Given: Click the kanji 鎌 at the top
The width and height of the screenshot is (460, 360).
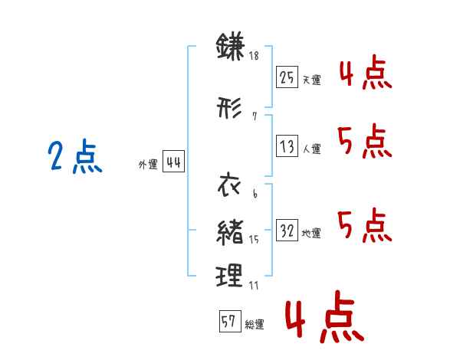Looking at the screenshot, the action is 230,46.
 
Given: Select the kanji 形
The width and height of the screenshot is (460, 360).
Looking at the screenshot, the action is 229,107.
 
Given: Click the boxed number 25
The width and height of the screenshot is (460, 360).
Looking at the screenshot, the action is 287,77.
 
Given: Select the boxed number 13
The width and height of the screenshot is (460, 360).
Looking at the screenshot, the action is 287,146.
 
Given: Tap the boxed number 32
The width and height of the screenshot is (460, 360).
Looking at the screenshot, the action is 287,230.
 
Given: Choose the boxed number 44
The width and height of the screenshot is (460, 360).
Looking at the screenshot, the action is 173,162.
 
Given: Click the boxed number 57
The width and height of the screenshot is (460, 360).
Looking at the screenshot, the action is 230,321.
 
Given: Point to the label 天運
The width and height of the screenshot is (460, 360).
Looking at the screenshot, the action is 311,80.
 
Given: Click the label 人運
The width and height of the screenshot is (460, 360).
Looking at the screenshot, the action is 312,149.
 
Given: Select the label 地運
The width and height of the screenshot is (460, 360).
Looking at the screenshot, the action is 311,233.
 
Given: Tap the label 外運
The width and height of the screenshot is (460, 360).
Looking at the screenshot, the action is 148,165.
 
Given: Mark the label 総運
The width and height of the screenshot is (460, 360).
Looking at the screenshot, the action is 255,324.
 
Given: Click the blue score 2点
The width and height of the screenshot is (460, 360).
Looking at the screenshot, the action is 75,156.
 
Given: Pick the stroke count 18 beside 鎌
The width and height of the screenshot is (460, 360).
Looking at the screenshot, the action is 254,55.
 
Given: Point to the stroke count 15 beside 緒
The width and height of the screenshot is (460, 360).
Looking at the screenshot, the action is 254,240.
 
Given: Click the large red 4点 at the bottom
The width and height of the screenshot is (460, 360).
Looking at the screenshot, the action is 325,316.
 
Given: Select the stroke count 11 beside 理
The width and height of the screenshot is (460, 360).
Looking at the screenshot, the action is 254,285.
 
